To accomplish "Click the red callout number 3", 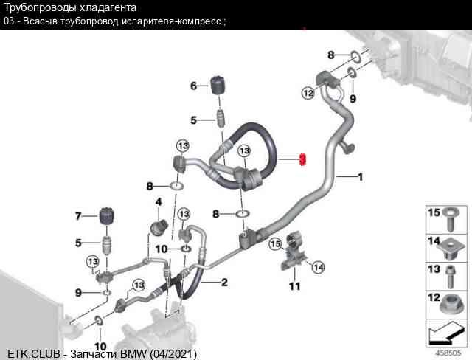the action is pyautogui.click(x=302, y=160).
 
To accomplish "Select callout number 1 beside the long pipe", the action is pyautogui.click(x=361, y=177).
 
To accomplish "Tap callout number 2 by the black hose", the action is pyautogui.click(x=224, y=283).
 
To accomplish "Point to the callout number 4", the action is pyautogui.click(x=159, y=201).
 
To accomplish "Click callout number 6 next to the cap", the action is pyautogui.click(x=193, y=86).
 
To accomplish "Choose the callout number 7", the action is pyautogui.click(x=78, y=216).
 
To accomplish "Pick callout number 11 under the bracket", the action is pyautogui.click(x=295, y=286).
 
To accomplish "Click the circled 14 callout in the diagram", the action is pyautogui.click(x=319, y=267).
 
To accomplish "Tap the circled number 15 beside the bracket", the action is pyautogui.click(x=275, y=243).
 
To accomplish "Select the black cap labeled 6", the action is pyautogui.click(x=218, y=85).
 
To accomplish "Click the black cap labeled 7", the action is pyautogui.click(x=107, y=216).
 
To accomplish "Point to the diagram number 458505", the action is pyautogui.click(x=448, y=353).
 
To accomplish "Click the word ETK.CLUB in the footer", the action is pyautogui.click(x=34, y=353).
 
